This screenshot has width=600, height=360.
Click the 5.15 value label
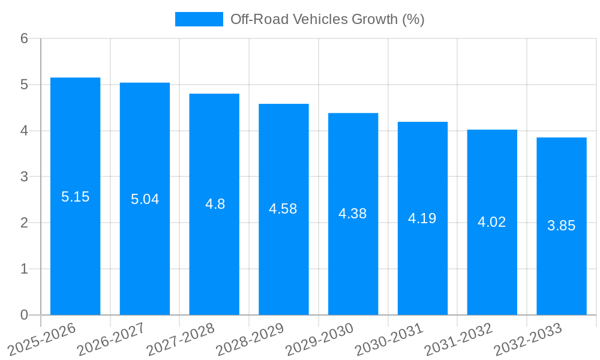pyautogui.click(x=75, y=197)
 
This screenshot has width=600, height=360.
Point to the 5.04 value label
pyautogui.click(x=145, y=199)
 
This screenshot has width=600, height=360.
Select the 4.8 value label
pyautogui.click(x=215, y=204)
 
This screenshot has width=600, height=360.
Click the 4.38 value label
pyautogui.click(x=353, y=214)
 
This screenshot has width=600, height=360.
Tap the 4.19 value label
pyautogui.click(x=422, y=218)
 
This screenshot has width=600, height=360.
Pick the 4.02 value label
pyautogui.click(x=492, y=222)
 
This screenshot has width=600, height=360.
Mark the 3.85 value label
pyautogui.click(x=562, y=226)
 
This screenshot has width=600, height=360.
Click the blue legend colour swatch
pyautogui.click(x=199, y=19)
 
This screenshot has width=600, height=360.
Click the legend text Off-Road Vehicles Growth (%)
pyautogui.click(x=328, y=19)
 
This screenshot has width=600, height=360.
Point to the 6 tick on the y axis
pyautogui.click(x=24, y=38)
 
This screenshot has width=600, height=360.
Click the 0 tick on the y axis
pyautogui.click(x=24, y=315)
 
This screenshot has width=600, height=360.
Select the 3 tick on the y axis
pyautogui.click(x=24, y=177)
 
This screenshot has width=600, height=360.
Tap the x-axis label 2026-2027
pyautogui.click(x=111, y=339)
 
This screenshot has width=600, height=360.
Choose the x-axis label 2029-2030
pyautogui.click(x=319, y=339)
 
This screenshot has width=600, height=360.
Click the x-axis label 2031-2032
pyautogui.click(x=458, y=339)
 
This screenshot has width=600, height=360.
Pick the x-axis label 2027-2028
pyautogui.click(x=180, y=339)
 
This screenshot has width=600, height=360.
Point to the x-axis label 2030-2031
pyautogui.click(x=389, y=339)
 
